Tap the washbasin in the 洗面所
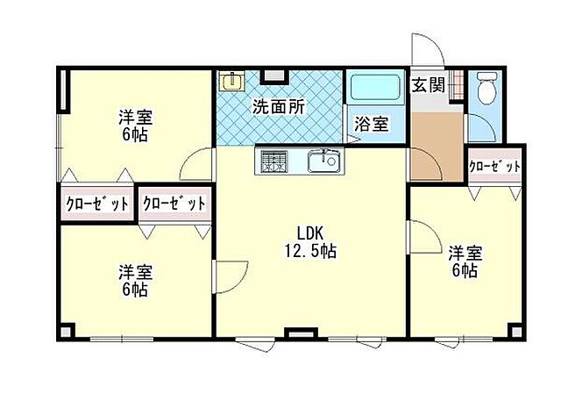coord(231,82)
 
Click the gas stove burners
coord(272,161)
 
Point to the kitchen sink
coord(324,161)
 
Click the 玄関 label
coord(429,86)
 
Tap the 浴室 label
coord(372,124)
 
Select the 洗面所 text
coord(279,108)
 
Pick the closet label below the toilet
coord(495,166)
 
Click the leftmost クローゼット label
coord(97,204)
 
